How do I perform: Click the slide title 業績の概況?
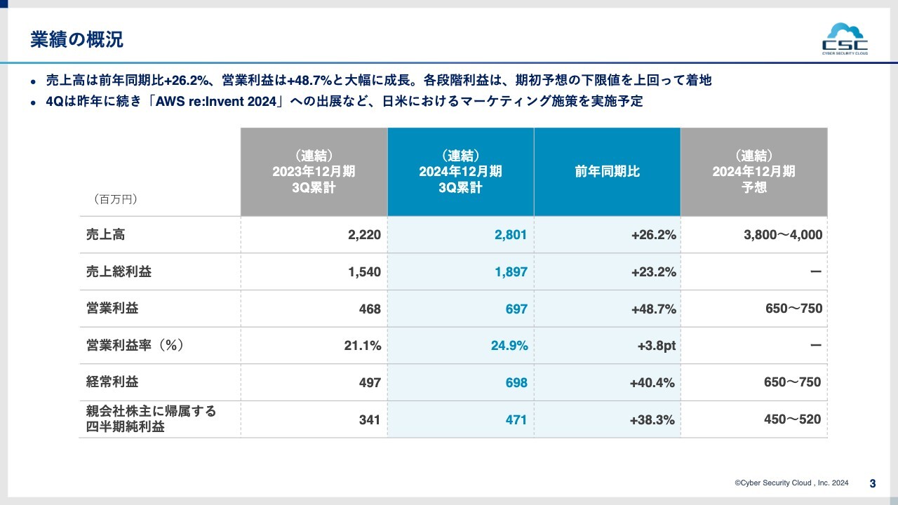(77, 40)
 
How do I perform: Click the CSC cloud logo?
(845, 40)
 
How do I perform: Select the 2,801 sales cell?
(510, 235)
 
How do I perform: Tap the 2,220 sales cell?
(364, 235)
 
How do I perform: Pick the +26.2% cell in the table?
(653, 235)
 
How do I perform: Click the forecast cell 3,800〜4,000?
(783, 235)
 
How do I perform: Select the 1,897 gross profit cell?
(510, 272)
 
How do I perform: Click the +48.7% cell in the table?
(653, 309)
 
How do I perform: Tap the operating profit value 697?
(516, 309)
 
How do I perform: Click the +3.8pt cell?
(656, 346)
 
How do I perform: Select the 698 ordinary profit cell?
(516, 383)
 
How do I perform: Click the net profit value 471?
(516, 420)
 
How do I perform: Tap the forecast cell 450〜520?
(792, 419)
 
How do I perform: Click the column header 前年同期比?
(608, 172)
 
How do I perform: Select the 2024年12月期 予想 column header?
(754, 172)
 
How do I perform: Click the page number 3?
(872, 483)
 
